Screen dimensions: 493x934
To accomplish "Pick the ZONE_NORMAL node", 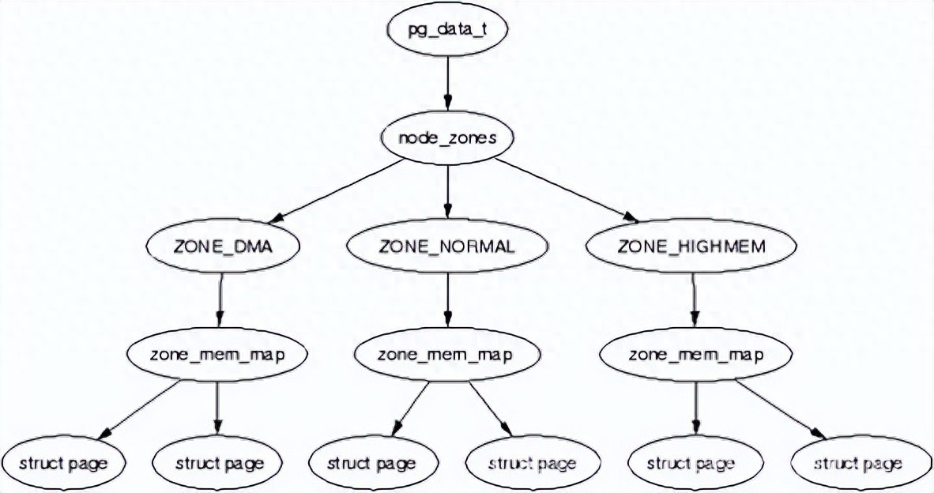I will point(446,246).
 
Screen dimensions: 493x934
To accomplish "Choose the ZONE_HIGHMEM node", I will point(693,246).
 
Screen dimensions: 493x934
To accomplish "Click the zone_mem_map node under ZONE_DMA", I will point(217,354).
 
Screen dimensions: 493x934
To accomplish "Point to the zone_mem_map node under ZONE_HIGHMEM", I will point(695,354).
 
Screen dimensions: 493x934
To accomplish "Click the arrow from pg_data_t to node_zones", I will point(447,83).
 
